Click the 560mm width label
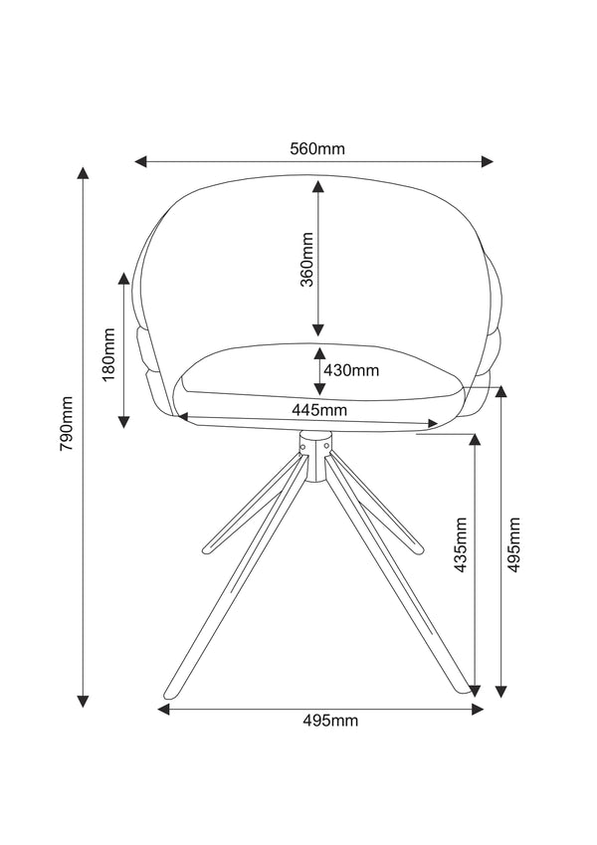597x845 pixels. pyautogui.click(x=317, y=149)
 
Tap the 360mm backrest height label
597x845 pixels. pyautogui.click(x=307, y=259)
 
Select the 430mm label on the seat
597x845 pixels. pyautogui.click(x=351, y=371)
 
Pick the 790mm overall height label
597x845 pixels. pyautogui.click(x=66, y=426)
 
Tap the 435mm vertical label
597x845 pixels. pyautogui.click(x=460, y=545)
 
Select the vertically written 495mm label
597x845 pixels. pyautogui.click(x=514, y=545)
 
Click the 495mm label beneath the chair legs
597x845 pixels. pyautogui.click(x=331, y=721)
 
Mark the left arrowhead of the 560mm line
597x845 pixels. pyautogui.click(x=142, y=161)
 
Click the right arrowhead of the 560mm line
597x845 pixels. pyautogui.click(x=488, y=161)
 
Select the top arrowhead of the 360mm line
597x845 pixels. pyautogui.click(x=317, y=186)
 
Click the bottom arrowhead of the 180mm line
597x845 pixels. pyautogui.click(x=123, y=421)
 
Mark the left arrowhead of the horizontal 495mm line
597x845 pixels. pyautogui.click(x=165, y=709)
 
